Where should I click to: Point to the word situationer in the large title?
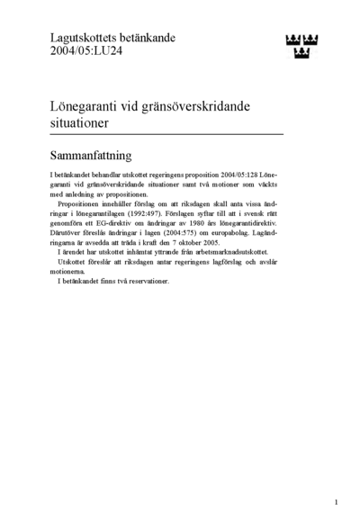tap(82, 121)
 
